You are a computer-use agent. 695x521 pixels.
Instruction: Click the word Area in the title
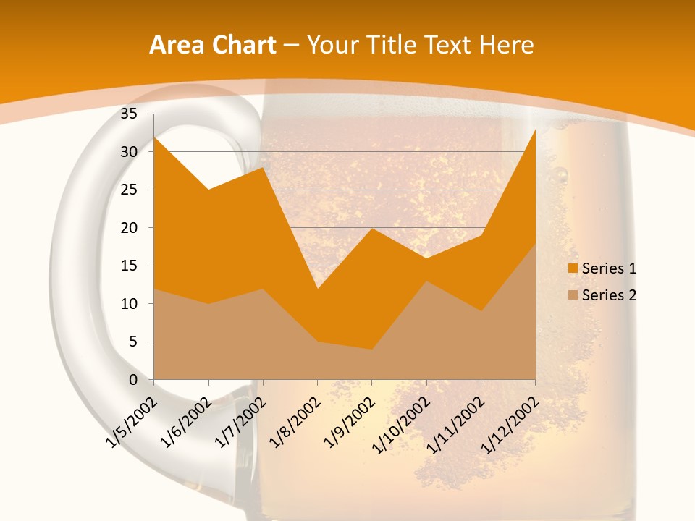(175, 46)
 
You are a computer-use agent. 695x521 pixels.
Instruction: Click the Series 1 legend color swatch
(573, 268)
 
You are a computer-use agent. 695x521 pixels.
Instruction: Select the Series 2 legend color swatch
(573, 295)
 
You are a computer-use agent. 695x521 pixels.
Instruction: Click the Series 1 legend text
(609, 268)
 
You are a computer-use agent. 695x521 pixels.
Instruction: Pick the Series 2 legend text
(609, 295)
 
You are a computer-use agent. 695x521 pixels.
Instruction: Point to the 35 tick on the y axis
(129, 114)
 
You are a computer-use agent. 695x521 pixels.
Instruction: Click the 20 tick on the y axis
(129, 228)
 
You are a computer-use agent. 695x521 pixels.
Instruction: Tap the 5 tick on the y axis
(133, 342)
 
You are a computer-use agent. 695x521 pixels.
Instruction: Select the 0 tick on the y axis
(133, 380)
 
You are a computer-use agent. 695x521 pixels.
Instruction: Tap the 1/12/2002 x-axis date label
(511, 419)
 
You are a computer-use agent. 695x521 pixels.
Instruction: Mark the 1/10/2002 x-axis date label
(403, 419)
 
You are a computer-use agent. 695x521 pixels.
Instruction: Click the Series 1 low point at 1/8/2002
(317, 289)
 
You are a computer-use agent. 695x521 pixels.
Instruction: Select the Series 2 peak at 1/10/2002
(426, 281)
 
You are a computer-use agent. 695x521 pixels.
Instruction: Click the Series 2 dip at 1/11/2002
(481, 311)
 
